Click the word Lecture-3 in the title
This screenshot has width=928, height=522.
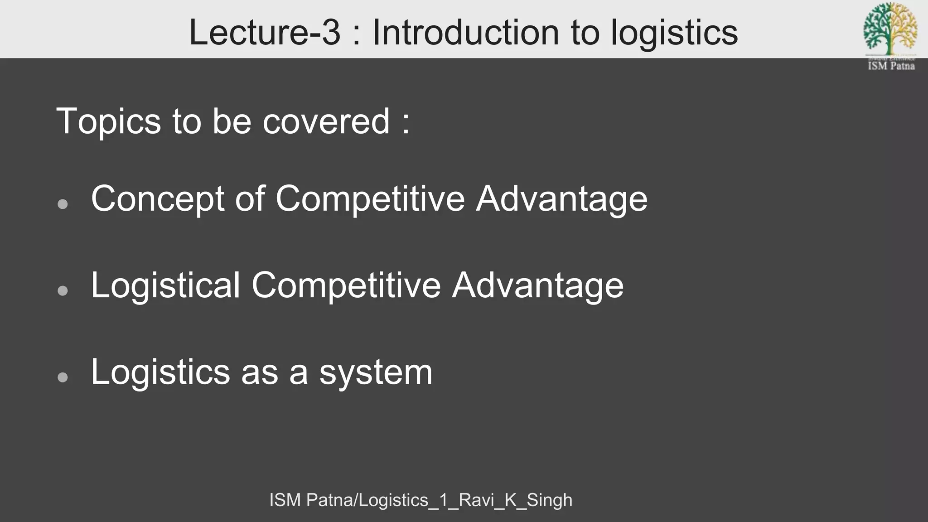264,32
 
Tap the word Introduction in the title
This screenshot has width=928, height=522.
466,32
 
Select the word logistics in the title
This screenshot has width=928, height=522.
674,33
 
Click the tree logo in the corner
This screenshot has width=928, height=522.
890,28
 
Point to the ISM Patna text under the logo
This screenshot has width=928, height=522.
891,66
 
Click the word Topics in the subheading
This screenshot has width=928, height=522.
108,121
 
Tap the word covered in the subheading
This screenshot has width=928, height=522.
326,121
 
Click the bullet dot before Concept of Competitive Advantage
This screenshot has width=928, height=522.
63,204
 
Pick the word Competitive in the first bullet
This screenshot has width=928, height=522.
370,199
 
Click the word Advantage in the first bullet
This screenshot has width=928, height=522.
561,199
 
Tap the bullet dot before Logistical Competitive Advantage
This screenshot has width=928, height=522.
63,290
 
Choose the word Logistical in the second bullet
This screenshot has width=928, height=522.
165,285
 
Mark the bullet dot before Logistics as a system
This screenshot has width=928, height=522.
63,377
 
